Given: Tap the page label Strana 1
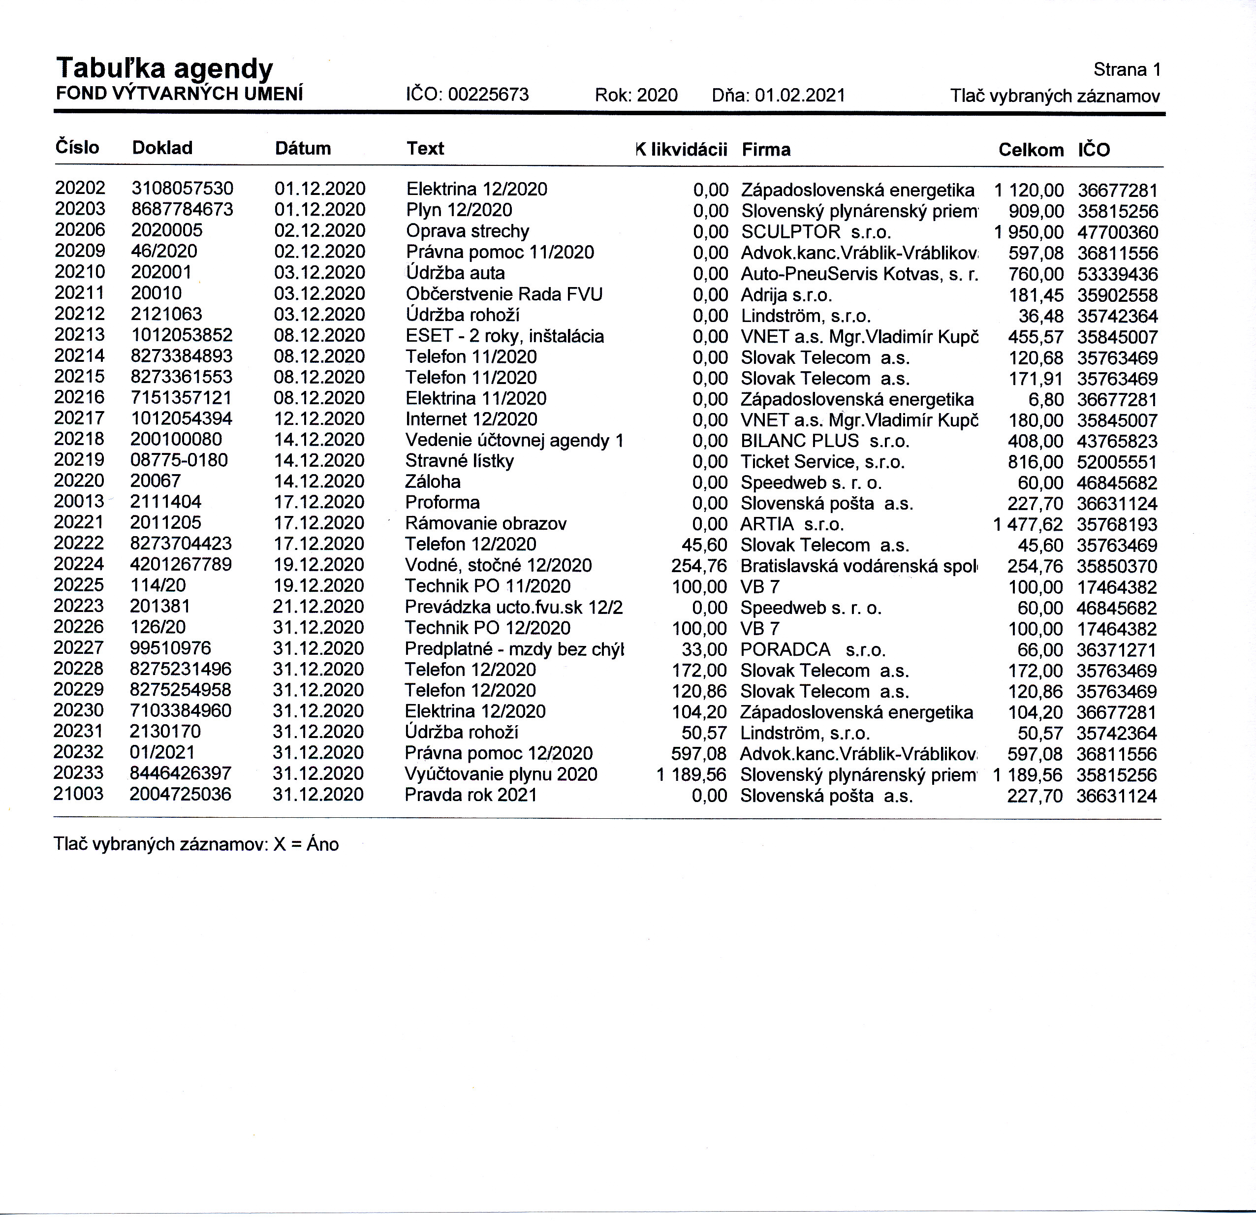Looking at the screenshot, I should point(1127,69).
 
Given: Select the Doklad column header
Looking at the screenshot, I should point(162,148).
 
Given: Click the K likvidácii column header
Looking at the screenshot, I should point(682,149).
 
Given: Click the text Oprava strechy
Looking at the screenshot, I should point(468,231).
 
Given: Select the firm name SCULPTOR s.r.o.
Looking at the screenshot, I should point(816,232).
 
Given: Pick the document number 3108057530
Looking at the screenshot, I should point(182,189).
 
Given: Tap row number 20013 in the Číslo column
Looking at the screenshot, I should point(79,502).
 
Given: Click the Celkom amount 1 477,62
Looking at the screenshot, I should point(1028,524).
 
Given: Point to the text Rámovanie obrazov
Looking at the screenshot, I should point(485,523).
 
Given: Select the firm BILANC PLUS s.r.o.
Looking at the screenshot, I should point(824,441).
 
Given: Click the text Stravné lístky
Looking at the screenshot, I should point(459,461).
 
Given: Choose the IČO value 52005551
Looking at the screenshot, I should point(1117,462).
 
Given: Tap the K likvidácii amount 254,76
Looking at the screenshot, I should point(699,566).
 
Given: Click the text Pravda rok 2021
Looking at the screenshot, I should point(471,795).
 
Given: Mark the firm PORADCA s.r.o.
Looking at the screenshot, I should point(813,649).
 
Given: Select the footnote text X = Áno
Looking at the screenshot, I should point(306,844).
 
